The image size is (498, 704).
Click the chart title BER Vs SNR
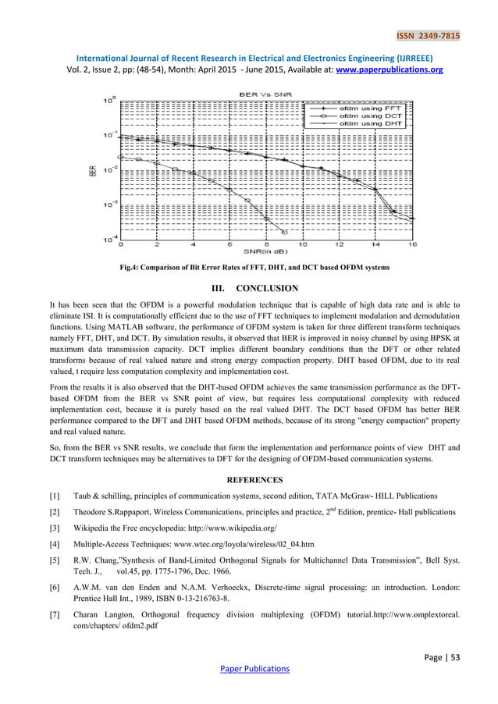point(265,94)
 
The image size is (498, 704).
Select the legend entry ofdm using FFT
point(372,107)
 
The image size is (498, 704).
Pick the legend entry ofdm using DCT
point(372,115)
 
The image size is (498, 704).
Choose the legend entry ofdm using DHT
point(372,123)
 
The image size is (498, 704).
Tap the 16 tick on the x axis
point(412,244)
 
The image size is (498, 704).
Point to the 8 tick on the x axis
point(266,244)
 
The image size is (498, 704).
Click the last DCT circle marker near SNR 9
point(284,232)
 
